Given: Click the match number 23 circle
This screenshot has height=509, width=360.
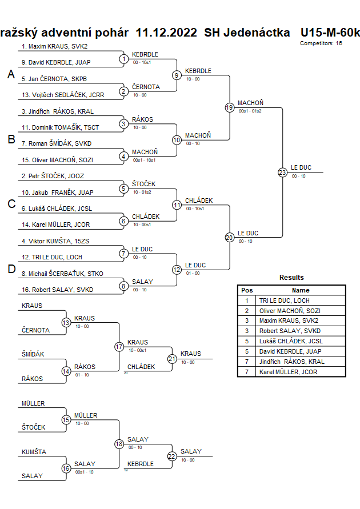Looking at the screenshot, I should (x=282, y=173).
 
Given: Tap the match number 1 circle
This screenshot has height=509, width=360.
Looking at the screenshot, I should (x=123, y=59).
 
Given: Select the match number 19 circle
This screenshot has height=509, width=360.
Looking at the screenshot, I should (x=229, y=107).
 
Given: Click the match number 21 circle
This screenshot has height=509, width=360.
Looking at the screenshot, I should (x=172, y=359).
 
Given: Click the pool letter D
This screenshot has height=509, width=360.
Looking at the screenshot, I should (x=10, y=270).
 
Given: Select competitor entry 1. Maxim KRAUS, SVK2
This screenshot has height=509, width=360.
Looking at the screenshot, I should (x=54, y=46).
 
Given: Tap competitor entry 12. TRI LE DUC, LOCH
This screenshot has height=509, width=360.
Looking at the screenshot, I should (x=51, y=258).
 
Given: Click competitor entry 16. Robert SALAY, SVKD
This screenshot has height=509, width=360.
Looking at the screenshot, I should (x=57, y=290).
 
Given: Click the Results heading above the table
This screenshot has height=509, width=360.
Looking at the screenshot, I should (x=291, y=278).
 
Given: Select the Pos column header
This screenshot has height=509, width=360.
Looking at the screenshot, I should (x=247, y=290).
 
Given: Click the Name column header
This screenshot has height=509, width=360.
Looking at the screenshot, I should (x=301, y=290).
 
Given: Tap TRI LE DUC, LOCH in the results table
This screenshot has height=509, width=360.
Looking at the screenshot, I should (x=285, y=300).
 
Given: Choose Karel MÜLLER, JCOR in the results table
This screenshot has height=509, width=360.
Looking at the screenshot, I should (x=287, y=372).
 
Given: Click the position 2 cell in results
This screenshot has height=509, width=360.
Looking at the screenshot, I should (x=247, y=310).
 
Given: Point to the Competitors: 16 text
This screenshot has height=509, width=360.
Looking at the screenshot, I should (x=321, y=43).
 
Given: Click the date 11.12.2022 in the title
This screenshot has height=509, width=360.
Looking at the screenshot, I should (x=166, y=33).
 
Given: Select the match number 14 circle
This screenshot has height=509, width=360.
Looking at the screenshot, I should (x=66, y=371).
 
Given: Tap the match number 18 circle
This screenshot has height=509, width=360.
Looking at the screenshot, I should (x=119, y=443).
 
